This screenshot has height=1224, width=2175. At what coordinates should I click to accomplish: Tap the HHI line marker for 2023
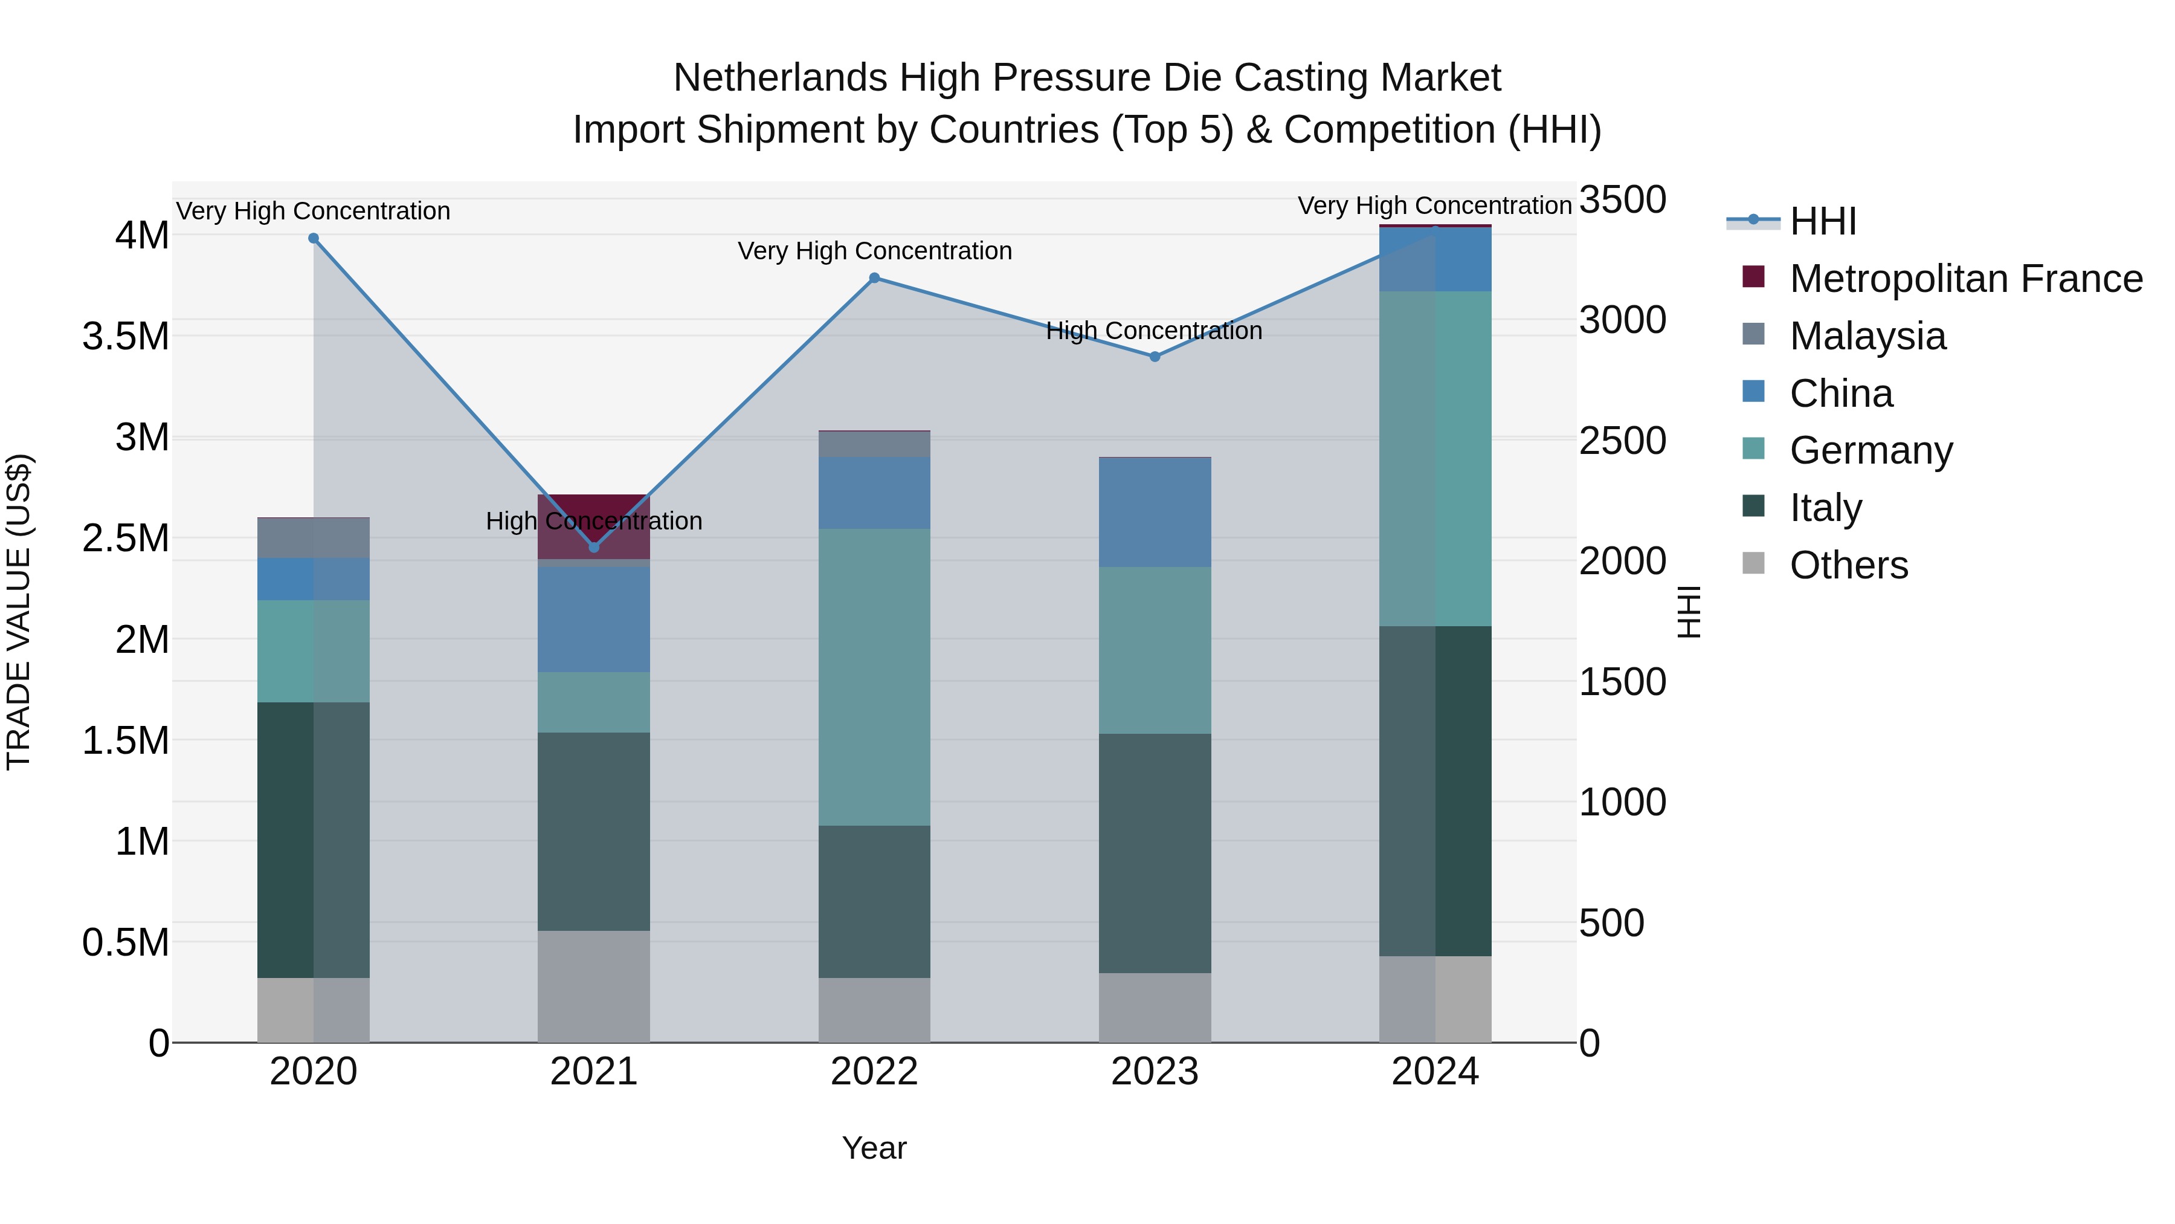(1155, 357)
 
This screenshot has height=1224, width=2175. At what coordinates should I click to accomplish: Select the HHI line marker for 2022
(875, 278)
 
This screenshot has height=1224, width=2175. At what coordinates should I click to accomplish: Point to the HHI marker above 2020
(313, 238)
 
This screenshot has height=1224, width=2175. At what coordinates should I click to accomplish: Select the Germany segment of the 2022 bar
(875, 676)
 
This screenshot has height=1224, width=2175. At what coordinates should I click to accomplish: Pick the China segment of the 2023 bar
(1155, 512)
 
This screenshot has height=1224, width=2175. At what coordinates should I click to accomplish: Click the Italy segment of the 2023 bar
(1155, 853)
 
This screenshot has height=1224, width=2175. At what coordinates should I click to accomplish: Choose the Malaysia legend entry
(1867, 336)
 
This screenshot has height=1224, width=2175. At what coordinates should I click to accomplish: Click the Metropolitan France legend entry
(1965, 279)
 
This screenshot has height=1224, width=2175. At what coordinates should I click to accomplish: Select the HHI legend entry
(1822, 221)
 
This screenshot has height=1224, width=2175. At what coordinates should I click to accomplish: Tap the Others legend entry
(1848, 565)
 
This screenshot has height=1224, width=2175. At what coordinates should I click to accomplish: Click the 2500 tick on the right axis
(1622, 441)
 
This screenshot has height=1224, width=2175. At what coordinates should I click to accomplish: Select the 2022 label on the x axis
(875, 1072)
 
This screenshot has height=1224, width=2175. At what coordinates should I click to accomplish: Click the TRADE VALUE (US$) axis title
(19, 612)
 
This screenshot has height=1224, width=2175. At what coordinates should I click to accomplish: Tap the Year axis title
(875, 1148)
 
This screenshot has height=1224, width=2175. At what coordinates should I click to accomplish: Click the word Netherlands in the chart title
(779, 78)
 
